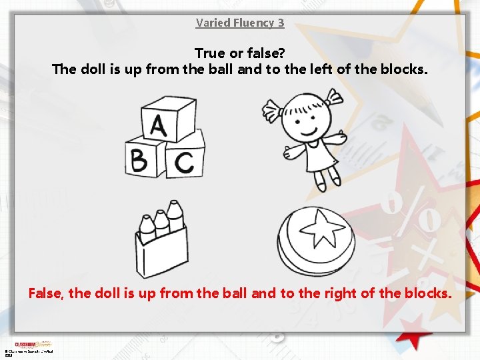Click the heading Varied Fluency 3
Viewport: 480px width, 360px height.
pos(240,23)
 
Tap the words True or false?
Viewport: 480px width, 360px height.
pos(240,52)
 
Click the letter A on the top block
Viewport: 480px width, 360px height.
pos(158,125)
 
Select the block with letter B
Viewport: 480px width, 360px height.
pos(140,161)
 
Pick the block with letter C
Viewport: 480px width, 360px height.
pos(184,161)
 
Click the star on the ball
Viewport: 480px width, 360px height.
pos(321,229)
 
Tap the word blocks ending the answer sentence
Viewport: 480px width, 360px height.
pos(427,293)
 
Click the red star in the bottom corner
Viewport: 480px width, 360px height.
pos(413,329)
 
